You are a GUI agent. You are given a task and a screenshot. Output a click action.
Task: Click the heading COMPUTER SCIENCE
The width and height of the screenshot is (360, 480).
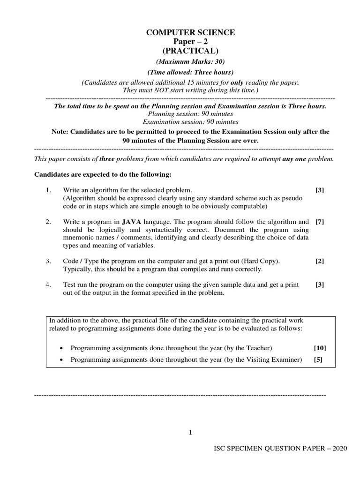pyautogui.click(x=191, y=32)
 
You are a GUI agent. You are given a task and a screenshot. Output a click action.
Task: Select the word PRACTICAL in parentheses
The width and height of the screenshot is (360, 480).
pyautogui.click(x=191, y=51)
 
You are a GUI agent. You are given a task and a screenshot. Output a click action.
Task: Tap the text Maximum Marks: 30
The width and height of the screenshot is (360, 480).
pyautogui.click(x=191, y=62)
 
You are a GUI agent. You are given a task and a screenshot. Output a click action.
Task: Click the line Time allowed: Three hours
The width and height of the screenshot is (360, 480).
pyautogui.click(x=191, y=72)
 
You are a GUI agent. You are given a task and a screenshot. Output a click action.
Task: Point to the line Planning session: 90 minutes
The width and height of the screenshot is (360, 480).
pyautogui.click(x=190, y=114)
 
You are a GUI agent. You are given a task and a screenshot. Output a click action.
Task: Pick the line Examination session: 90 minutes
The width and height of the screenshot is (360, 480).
pyautogui.click(x=190, y=121)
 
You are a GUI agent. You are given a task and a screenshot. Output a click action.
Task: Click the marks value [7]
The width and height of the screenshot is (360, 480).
pyautogui.click(x=320, y=222)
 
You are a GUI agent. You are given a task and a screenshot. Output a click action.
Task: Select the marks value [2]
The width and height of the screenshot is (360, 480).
pyautogui.click(x=320, y=261)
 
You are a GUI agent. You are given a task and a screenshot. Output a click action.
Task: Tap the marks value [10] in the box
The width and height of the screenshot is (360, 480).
pyautogui.click(x=320, y=348)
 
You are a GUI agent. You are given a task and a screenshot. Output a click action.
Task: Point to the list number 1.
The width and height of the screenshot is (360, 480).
pyautogui.click(x=48, y=190)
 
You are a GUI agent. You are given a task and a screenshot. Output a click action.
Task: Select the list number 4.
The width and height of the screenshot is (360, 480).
pyautogui.click(x=48, y=285)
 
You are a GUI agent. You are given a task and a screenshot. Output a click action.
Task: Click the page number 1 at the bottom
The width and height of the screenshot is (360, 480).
pyautogui.click(x=190, y=432)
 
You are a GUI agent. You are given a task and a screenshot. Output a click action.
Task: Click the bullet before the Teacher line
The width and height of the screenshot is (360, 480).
pyautogui.click(x=63, y=348)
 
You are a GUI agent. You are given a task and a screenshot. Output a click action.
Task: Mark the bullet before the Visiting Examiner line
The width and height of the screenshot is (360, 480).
pyautogui.click(x=63, y=360)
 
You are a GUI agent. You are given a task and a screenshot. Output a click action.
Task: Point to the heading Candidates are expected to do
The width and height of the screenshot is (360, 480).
pyautogui.click(x=103, y=175)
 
